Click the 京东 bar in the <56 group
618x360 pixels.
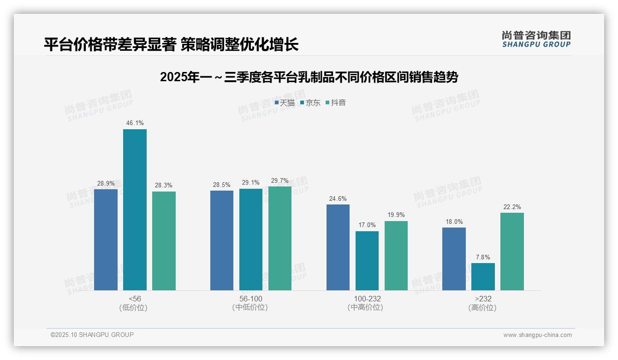pyautogui.click(x=135, y=210)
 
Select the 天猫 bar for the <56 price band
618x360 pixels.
pyautogui.click(x=106, y=240)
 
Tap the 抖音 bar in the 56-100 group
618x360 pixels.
pyautogui.click(x=280, y=238)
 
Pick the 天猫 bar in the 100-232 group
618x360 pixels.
pyautogui.click(x=338, y=247)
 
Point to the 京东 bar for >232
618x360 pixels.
pyautogui.click(x=483, y=276)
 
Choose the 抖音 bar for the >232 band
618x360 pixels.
pyautogui.click(x=512, y=252)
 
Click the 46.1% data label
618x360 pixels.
pyautogui.click(x=135, y=123)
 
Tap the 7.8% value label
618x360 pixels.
pyautogui.click(x=483, y=257)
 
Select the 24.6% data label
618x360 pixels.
pyautogui.click(x=338, y=199)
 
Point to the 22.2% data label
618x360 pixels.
pyautogui.click(x=512, y=207)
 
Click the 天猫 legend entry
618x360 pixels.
pyautogui.click(x=285, y=103)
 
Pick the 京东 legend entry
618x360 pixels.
pyautogui.click(x=310, y=103)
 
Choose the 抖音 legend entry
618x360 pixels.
pyautogui.click(x=336, y=103)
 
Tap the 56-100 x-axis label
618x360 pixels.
pyautogui.click(x=251, y=299)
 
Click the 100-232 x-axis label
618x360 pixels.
pyautogui.click(x=367, y=299)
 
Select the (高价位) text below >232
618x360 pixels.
pyautogui.click(x=482, y=308)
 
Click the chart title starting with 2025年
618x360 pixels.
pyautogui.click(x=309, y=77)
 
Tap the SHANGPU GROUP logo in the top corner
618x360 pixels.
pyautogui.click(x=536, y=39)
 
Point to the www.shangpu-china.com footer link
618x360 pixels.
pyautogui.click(x=537, y=335)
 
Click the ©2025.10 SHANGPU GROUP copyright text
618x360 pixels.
pyautogui.click(x=92, y=335)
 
